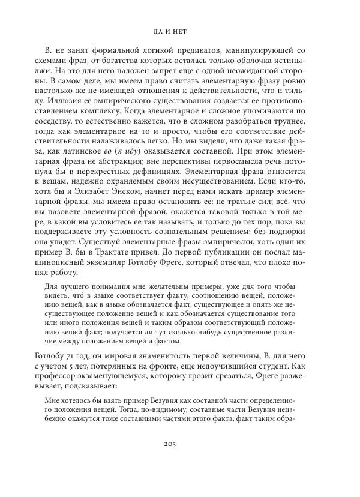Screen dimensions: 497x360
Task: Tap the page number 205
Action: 180,461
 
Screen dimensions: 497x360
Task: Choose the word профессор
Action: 66,376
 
